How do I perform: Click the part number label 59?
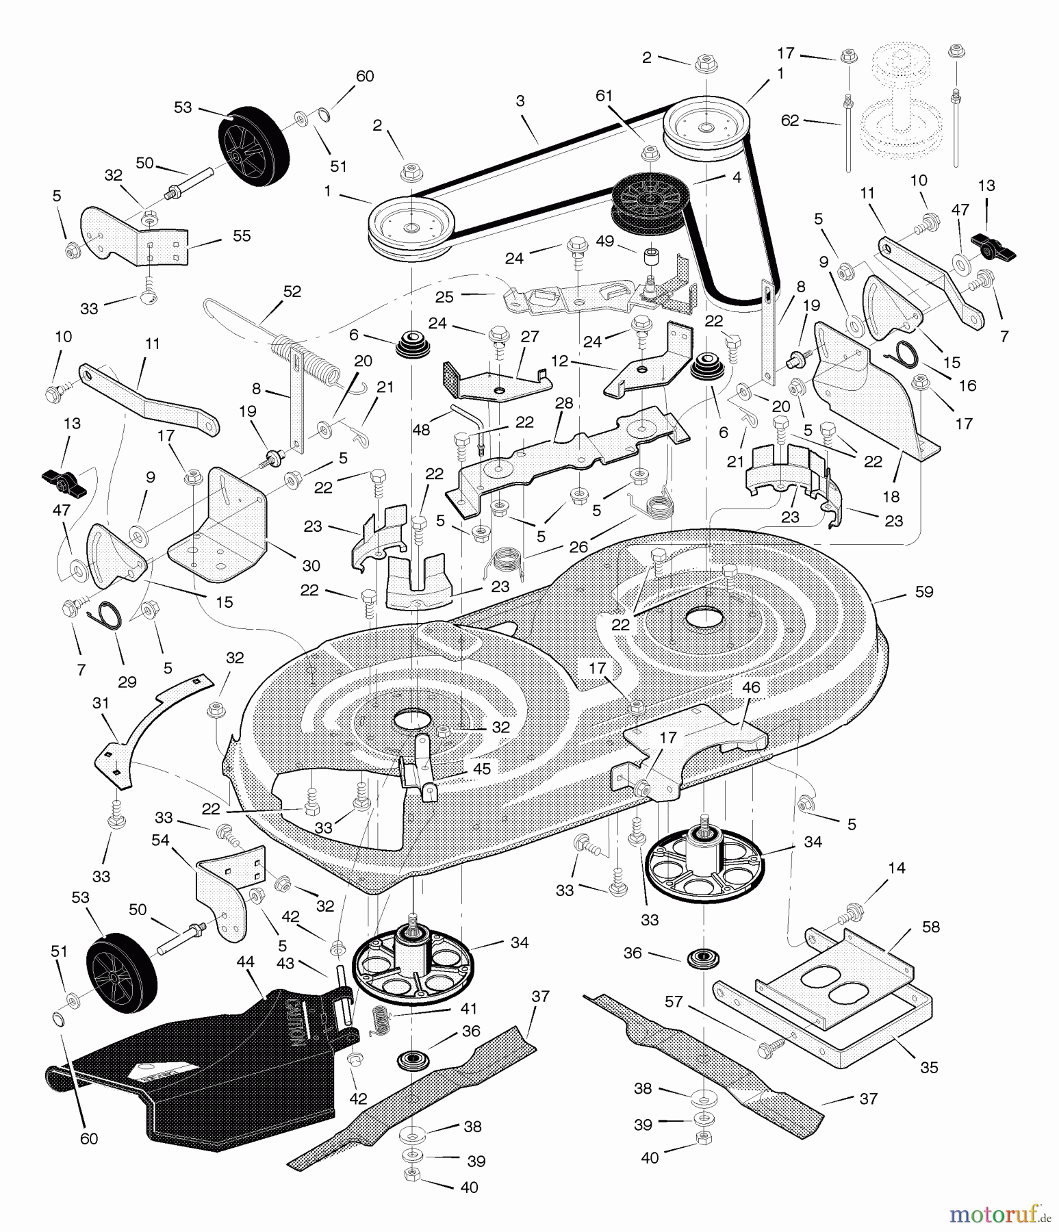pyautogui.click(x=923, y=591)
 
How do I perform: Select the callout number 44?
pyautogui.click(x=245, y=962)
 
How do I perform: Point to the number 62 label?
pyautogui.click(x=790, y=120)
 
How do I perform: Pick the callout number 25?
pyautogui.click(x=444, y=297)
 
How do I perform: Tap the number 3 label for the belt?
pyautogui.click(x=520, y=101)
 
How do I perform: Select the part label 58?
pyautogui.click(x=931, y=927)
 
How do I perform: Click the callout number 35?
pyautogui.click(x=929, y=1067)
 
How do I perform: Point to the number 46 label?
pyautogui.click(x=751, y=687)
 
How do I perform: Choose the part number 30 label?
pyautogui.click(x=311, y=565)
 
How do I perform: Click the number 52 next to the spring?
pyautogui.click(x=292, y=292)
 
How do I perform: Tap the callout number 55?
pyautogui.click(x=242, y=235)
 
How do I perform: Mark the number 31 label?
pyautogui.click(x=101, y=703)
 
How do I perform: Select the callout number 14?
pyautogui.click(x=896, y=868)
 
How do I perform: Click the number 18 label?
pyautogui.click(x=891, y=496)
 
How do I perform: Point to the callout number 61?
pyautogui.click(x=604, y=96)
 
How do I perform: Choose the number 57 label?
pyautogui.click(x=674, y=1001)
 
